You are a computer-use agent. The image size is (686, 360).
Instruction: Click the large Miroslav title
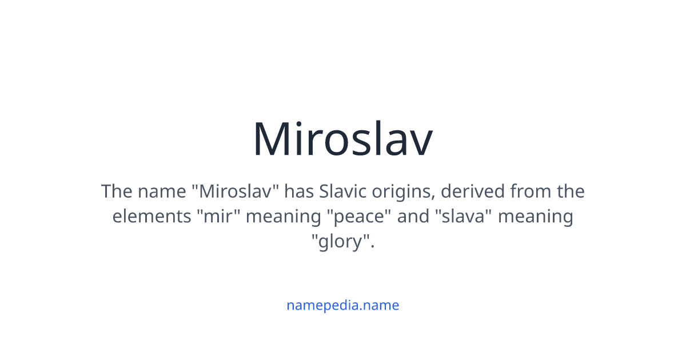342,139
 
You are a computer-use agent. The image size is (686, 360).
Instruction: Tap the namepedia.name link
342,305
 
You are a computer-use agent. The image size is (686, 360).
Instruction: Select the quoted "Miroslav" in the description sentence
236,191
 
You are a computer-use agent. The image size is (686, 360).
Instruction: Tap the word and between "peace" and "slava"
413,217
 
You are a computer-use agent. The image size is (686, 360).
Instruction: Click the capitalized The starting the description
117,191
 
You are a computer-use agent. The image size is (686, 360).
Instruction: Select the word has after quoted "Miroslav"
299,191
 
